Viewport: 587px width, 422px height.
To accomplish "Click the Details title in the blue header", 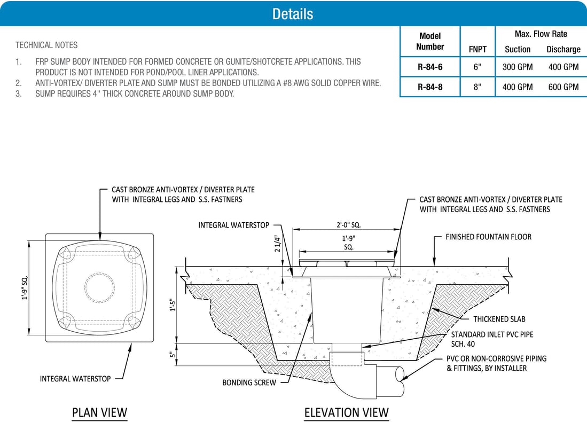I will [292, 14].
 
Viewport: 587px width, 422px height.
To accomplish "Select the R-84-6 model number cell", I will [429, 67].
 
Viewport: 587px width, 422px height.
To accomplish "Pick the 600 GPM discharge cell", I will [563, 87].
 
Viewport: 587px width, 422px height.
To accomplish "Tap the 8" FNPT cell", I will [477, 87].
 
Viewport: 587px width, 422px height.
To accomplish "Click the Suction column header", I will [517, 49].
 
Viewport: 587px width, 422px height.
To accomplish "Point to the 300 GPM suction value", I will [517, 67].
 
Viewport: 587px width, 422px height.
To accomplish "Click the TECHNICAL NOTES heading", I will [46, 45].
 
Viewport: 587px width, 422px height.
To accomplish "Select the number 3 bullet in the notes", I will [19, 94].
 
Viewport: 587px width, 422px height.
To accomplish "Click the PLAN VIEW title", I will [99, 412].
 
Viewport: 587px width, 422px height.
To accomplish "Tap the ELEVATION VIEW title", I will [346, 412].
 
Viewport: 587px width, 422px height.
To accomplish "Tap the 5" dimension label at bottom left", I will [172, 355].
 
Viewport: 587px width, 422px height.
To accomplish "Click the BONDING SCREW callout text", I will [249, 382].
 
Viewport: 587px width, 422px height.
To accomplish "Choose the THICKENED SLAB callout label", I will [499, 319].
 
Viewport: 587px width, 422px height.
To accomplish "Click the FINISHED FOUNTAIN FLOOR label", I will [488, 236].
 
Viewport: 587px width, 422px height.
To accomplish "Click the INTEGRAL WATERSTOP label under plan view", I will [75, 379].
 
